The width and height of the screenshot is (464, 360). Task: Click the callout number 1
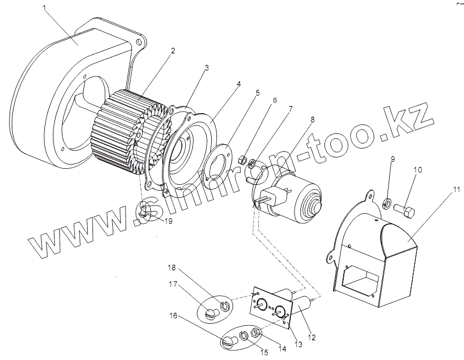(x=45, y=9)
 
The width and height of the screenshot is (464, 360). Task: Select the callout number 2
(x=173, y=51)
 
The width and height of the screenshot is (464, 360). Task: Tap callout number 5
(x=257, y=92)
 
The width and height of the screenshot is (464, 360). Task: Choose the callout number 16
(x=174, y=316)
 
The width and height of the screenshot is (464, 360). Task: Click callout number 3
(x=207, y=68)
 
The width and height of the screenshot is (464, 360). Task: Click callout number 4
(x=239, y=84)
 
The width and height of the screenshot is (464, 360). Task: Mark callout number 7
(x=291, y=109)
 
